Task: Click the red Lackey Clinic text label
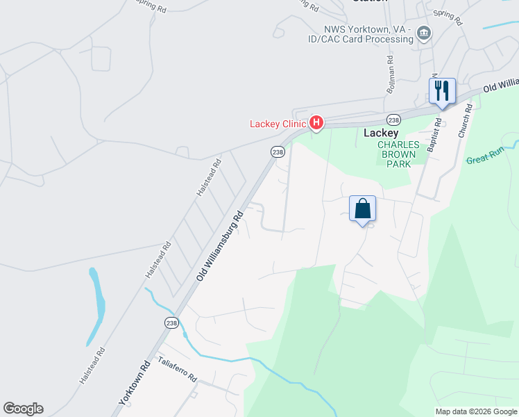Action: [x=278, y=124]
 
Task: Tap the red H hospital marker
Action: [x=316, y=124]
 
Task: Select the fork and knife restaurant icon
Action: [x=442, y=90]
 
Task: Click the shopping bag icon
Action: [x=362, y=208]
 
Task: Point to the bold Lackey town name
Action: [x=381, y=133]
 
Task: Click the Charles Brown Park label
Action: [x=399, y=154]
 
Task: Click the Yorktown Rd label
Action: [x=135, y=383]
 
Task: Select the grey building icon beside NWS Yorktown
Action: [x=423, y=33]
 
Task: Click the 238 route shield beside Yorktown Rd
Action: [x=171, y=322]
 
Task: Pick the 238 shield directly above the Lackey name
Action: [x=393, y=119]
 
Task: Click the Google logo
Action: [x=23, y=409]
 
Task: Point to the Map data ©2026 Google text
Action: [x=475, y=411]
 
